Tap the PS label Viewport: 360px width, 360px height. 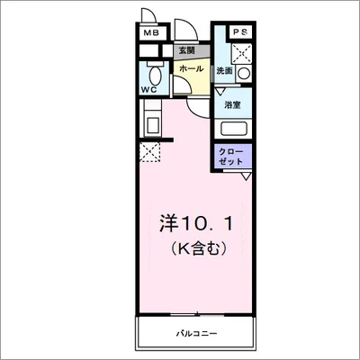(240, 33)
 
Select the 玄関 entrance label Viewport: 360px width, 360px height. (185, 51)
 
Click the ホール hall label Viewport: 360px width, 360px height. (190, 69)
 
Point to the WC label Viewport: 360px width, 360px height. (149, 90)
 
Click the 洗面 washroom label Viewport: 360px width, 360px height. (225, 70)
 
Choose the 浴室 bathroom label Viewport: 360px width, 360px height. (232, 105)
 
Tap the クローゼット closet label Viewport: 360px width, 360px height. (230, 156)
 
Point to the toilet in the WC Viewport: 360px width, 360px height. (153, 74)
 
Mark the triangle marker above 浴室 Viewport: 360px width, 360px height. (220, 91)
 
